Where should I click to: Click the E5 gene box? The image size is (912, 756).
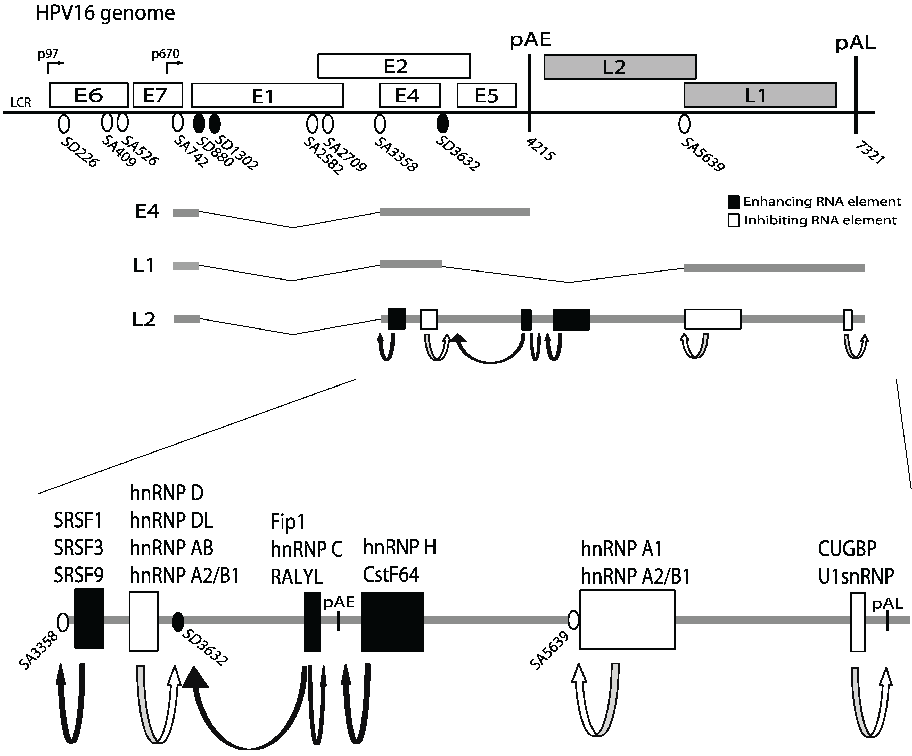coord(486,95)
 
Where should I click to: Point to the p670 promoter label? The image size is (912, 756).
coord(166,54)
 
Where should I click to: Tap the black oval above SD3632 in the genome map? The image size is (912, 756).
coord(442,124)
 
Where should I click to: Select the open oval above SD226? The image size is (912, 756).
coord(64,124)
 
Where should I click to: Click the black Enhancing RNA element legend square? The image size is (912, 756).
coord(734,202)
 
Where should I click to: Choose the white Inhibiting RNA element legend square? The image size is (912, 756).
coord(734,221)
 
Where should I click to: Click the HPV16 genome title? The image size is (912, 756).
coord(105,13)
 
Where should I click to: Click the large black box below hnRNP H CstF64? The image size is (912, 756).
coord(393,622)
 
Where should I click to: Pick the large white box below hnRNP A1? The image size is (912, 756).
coord(627,620)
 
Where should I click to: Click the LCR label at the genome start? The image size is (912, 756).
coord(21,103)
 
